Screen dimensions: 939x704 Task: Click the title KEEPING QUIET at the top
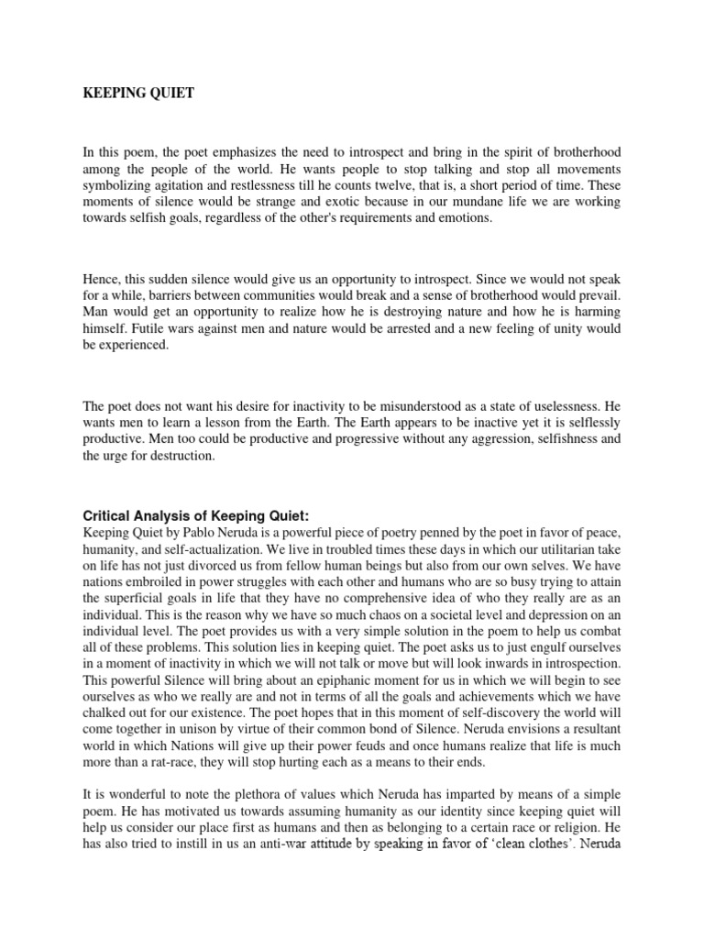click(138, 94)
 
